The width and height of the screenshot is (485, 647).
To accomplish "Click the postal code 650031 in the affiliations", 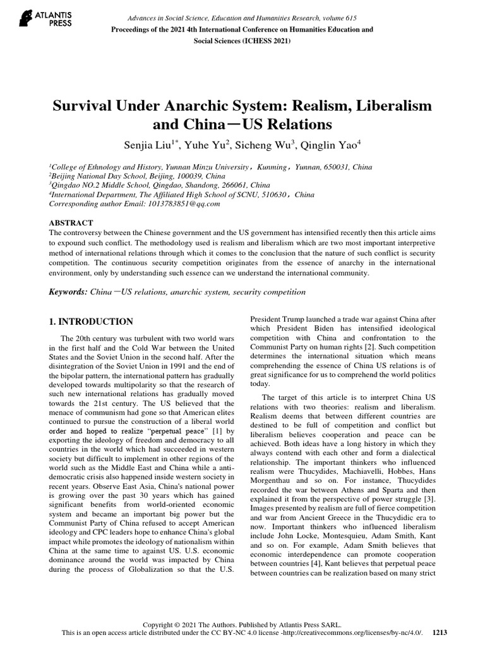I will [318, 167].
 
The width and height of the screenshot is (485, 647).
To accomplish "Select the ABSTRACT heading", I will [71, 223].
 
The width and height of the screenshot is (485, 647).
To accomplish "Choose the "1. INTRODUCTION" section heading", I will [91, 322].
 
